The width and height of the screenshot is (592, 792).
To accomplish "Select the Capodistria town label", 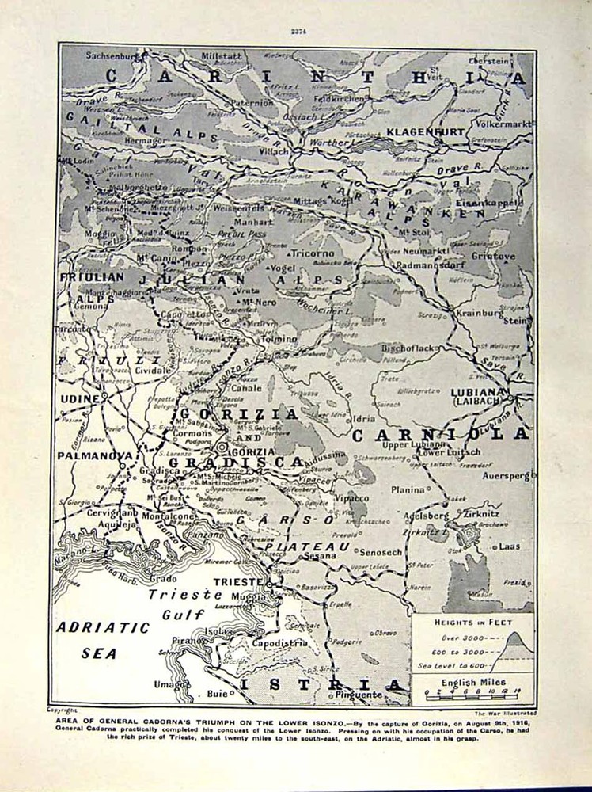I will (280, 643).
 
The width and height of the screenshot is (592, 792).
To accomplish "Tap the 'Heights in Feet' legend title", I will (469, 622).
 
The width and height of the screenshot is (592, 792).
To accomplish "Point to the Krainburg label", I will (480, 313).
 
